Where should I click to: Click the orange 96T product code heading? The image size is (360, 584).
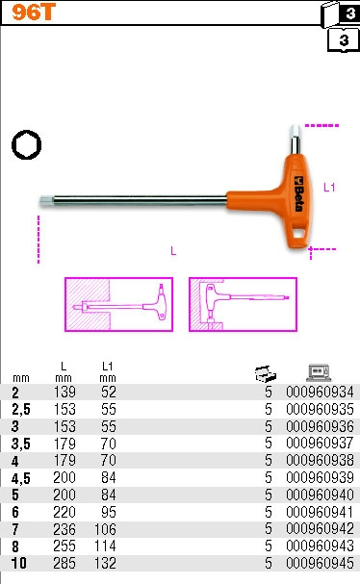click(34, 12)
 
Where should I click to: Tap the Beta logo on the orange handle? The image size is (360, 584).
click(299, 193)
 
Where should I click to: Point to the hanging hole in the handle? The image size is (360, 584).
click(299, 234)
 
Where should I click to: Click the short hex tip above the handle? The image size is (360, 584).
click(296, 140)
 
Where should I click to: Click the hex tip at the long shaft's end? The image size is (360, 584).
click(47, 201)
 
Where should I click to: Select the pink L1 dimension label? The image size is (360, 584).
click(329, 187)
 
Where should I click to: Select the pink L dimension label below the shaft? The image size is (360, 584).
click(173, 251)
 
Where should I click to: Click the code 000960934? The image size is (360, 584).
click(320, 392)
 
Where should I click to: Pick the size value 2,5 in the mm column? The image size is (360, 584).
click(21, 409)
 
